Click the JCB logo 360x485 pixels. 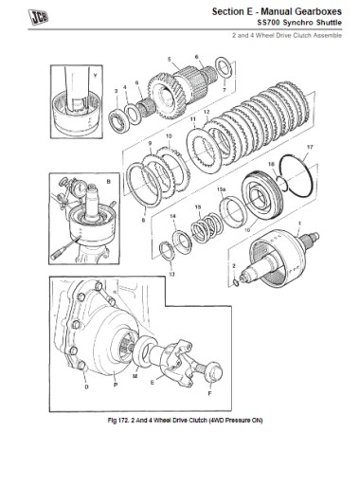38,17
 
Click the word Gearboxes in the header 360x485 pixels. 318,11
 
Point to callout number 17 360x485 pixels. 310,147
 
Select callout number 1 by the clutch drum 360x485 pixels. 299,224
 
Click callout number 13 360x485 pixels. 171,275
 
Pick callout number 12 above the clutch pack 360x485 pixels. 207,113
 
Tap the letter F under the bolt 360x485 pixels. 209,393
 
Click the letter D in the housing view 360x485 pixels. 86,387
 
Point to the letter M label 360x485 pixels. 135,376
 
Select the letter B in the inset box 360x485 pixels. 109,182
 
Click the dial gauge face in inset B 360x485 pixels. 80,188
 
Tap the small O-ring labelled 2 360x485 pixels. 236,281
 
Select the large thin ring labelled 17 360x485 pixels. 297,178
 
